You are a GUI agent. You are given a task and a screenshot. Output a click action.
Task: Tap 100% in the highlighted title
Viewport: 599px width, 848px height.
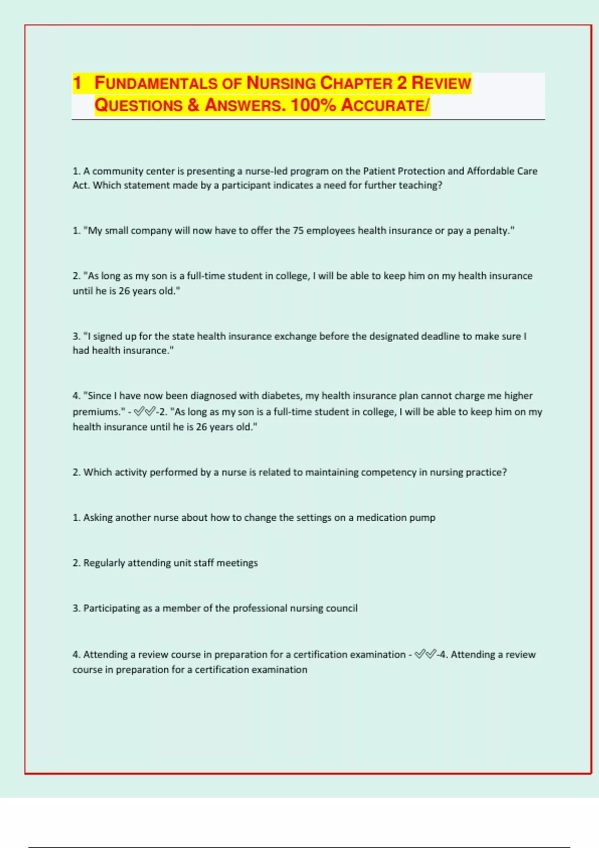[313, 105]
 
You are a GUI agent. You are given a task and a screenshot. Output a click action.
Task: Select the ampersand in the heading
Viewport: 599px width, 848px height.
[194, 105]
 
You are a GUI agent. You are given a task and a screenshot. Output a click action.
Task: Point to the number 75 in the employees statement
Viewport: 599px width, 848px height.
[298, 230]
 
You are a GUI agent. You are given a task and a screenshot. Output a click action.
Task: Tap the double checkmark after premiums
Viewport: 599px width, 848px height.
[145, 412]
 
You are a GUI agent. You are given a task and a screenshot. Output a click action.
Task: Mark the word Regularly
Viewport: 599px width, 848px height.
[104, 563]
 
